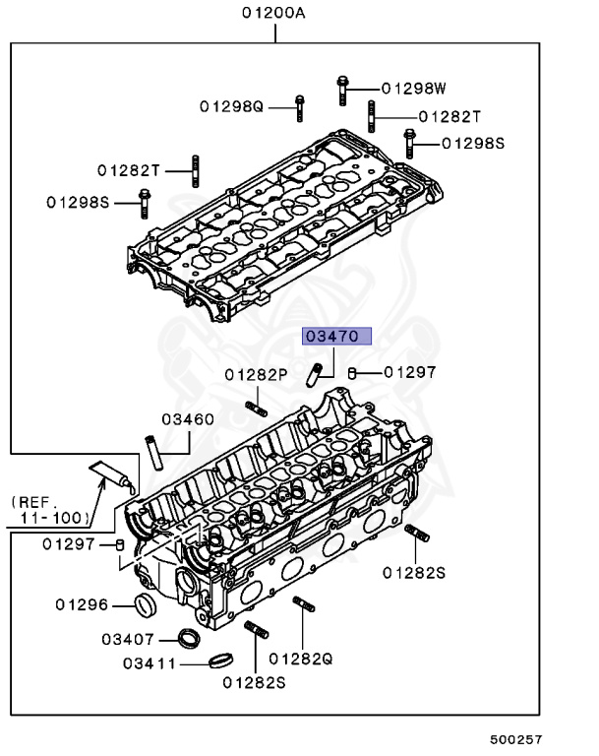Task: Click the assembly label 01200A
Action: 274,13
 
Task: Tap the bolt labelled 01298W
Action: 341,89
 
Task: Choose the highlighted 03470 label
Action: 337,337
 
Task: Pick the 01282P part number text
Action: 255,374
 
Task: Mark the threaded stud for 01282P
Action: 255,407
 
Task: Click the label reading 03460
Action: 188,419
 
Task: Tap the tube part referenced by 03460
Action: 154,453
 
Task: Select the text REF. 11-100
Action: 52,508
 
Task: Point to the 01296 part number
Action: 82,604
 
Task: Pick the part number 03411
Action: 150,662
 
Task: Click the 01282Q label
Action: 301,658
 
